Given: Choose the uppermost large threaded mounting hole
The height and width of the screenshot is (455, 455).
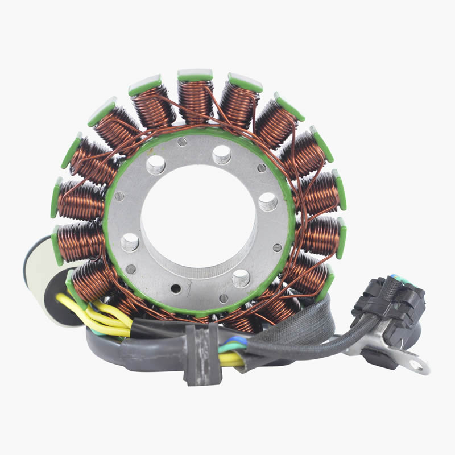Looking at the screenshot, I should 222,154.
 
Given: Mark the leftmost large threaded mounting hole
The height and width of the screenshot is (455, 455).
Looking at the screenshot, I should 130,242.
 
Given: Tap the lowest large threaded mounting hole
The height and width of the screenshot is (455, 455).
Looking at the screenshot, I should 240,278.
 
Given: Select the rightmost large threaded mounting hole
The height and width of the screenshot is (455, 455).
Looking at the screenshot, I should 268,201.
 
